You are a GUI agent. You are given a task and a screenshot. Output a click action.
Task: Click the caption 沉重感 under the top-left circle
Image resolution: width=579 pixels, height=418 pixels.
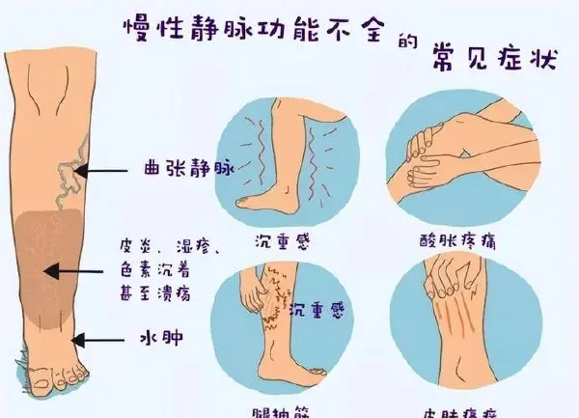(x=283, y=239)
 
